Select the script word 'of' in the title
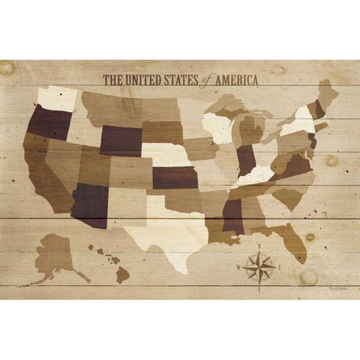[x=203, y=79]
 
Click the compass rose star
[x=258, y=265]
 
